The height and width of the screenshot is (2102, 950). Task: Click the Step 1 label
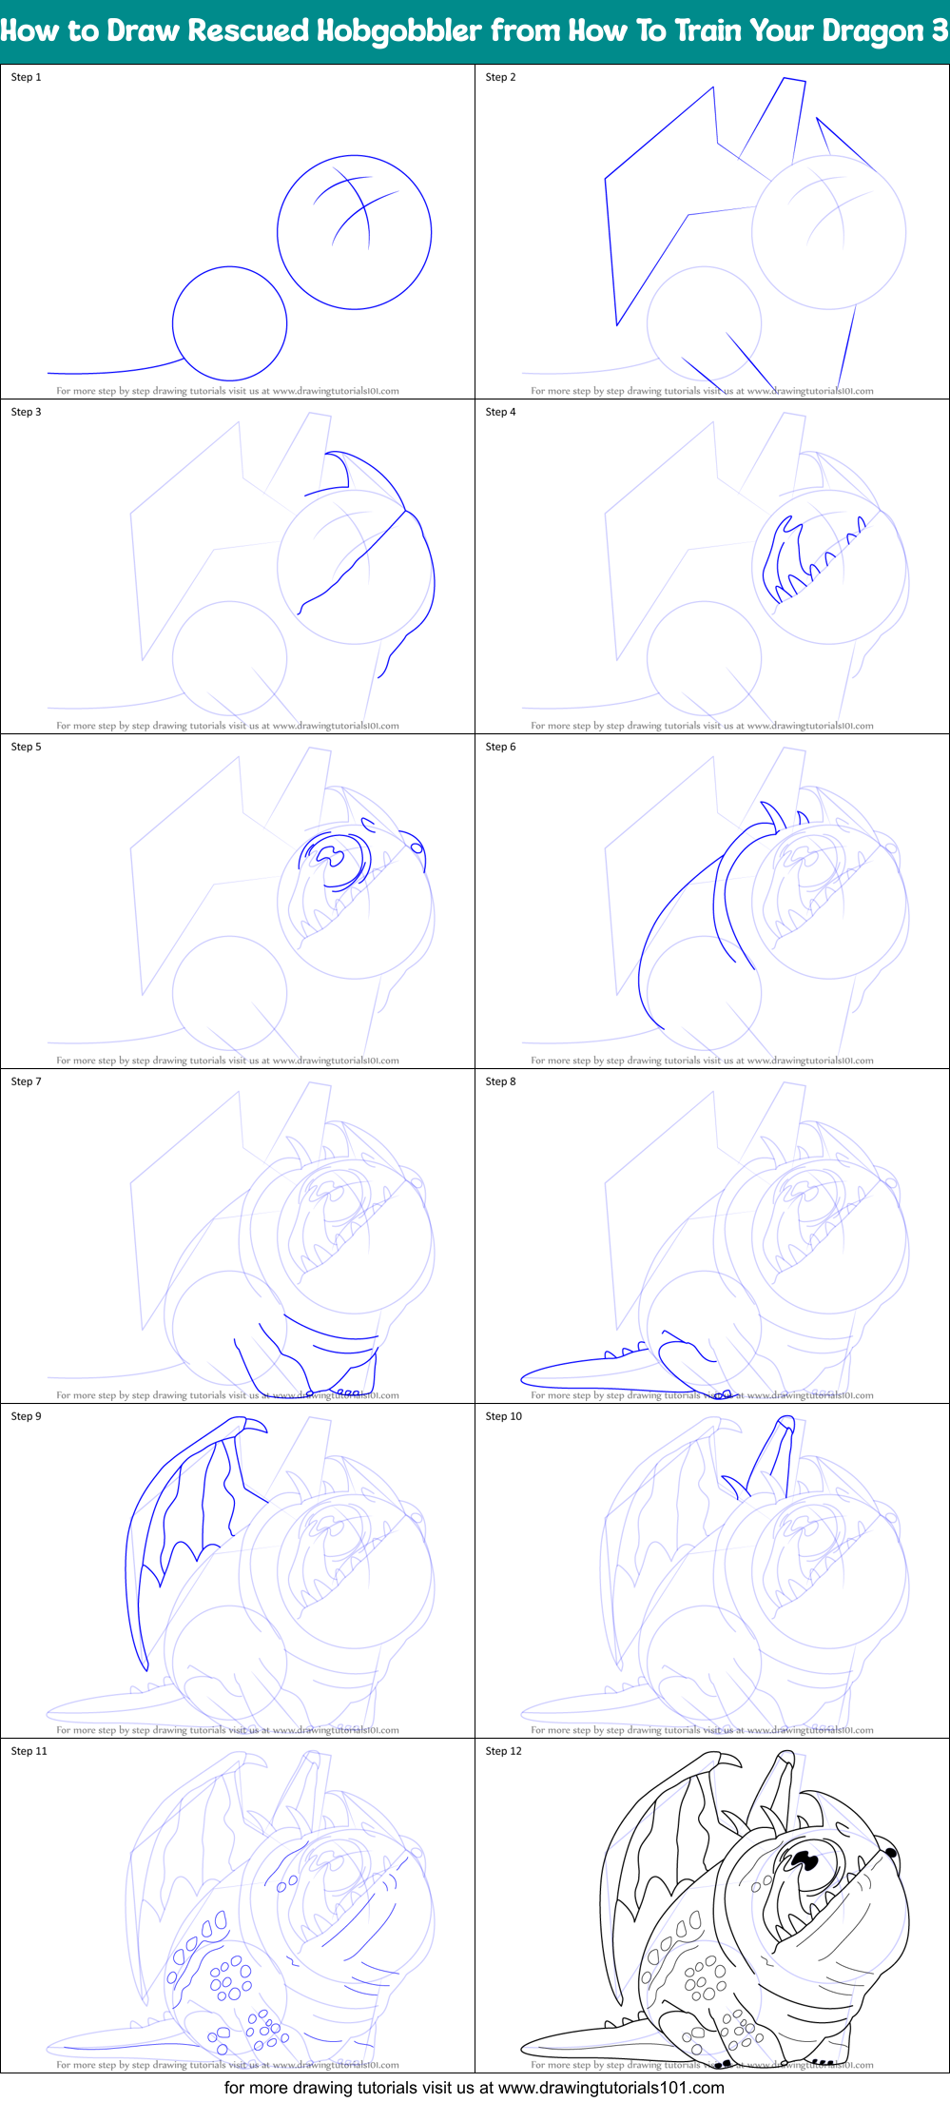(27, 77)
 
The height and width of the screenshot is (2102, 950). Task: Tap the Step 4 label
(501, 412)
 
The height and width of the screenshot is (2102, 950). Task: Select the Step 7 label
(27, 1081)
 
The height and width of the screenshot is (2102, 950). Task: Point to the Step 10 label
(504, 1416)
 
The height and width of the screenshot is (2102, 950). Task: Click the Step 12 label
(504, 1751)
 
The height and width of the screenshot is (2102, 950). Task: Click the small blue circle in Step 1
(230, 323)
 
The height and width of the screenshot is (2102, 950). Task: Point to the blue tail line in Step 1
(105, 372)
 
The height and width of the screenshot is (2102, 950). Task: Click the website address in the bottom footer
(611, 2087)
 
